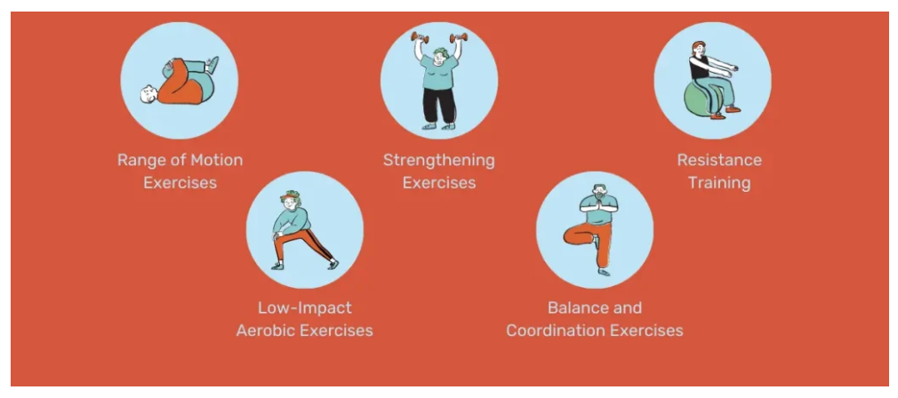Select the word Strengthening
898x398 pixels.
click(x=438, y=160)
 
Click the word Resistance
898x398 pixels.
click(x=719, y=160)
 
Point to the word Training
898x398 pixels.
click(x=719, y=183)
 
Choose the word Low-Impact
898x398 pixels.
click(x=305, y=307)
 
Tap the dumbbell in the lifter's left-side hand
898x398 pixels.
click(x=420, y=37)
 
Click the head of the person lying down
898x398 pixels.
click(x=148, y=94)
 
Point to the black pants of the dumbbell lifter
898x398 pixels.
click(x=439, y=107)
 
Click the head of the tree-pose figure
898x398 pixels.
click(x=599, y=192)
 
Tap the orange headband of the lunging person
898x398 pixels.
click(x=289, y=198)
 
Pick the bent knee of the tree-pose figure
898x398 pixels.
click(x=568, y=235)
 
